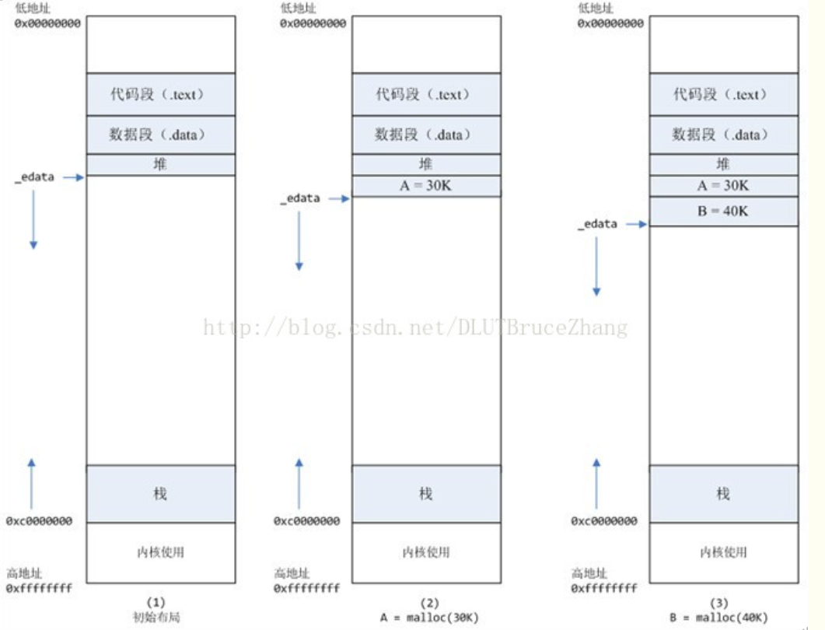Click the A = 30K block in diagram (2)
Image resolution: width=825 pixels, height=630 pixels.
tap(426, 186)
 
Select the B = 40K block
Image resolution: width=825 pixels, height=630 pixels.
tap(723, 211)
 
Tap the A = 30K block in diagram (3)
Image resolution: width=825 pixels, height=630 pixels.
tap(723, 186)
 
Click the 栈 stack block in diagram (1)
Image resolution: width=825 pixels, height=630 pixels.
tap(160, 494)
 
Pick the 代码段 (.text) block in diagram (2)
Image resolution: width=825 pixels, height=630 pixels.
tap(426, 95)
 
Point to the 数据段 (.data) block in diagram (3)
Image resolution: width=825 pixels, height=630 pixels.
tap(723, 135)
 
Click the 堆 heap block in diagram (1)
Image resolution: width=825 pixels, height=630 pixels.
tap(160, 164)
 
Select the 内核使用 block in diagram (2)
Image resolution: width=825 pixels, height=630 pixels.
tap(426, 552)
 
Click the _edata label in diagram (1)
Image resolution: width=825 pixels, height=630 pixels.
tap(34, 177)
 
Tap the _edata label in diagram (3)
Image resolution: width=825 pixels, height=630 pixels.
tap(597, 224)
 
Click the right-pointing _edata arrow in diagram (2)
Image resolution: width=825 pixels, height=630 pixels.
tap(338, 199)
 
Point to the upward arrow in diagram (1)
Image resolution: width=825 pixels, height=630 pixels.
tap(32, 483)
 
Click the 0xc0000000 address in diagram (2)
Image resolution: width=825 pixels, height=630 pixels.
tap(306, 521)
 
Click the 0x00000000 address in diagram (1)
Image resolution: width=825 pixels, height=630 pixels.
tap(47, 23)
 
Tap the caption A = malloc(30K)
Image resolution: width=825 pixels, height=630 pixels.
tap(429, 617)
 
